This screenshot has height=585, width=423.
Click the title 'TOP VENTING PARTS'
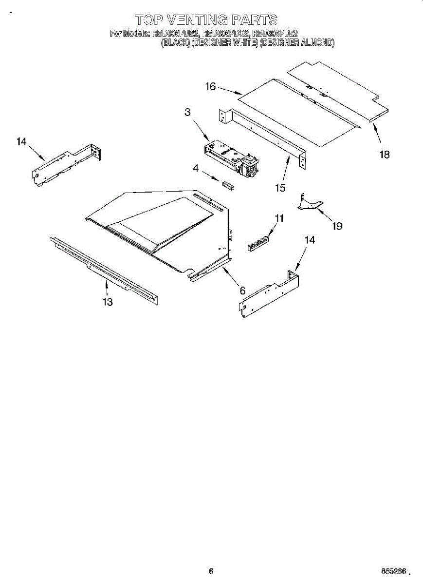click(x=206, y=20)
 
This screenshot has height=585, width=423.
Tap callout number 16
click(x=210, y=87)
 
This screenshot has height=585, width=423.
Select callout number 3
click(x=187, y=112)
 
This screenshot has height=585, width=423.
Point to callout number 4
click(x=196, y=169)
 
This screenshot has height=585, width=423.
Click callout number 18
click(x=385, y=155)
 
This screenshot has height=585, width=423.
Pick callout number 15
click(x=280, y=188)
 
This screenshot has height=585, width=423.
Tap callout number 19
click(x=337, y=226)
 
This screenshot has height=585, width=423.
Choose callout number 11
click(x=278, y=218)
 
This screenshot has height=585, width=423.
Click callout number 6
click(x=242, y=291)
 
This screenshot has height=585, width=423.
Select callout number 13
click(x=108, y=302)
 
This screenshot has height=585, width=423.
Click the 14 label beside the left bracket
click(x=21, y=142)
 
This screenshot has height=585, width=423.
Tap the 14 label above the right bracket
click(x=310, y=239)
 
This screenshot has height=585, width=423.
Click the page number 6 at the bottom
click(x=211, y=571)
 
